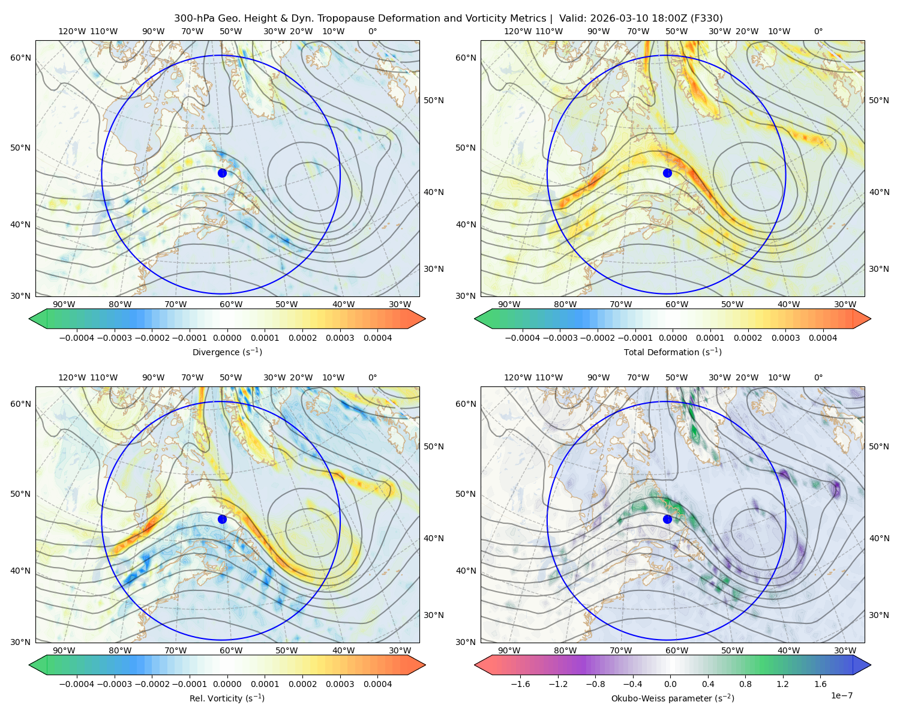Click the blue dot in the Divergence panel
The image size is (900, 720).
(x=222, y=173)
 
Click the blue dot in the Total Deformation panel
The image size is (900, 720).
(x=667, y=173)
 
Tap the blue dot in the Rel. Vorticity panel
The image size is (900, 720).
(x=222, y=519)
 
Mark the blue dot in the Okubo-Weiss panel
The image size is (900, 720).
(x=667, y=519)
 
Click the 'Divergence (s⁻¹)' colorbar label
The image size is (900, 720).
(x=227, y=352)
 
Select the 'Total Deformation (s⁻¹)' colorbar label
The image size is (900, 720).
(x=673, y=352)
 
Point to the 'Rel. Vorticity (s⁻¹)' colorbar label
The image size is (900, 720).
(x=227, y=698)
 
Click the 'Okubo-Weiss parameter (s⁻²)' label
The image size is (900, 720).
(x=673, y=698)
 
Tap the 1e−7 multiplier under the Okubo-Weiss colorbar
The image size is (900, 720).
(x=841, y=695)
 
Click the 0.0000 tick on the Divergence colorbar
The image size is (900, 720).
(x=227, y=338)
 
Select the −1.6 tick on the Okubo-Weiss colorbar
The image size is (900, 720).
(x=520, y=684)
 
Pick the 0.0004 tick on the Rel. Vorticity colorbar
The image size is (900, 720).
(x=377, y=684)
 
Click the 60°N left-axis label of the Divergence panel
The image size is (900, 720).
(x=20, y=58)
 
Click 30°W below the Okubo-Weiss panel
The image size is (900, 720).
(x=845, y=650)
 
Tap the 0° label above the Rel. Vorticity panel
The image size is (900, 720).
(x=373, y=377)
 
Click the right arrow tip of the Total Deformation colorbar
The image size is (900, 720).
(x=871, y=319)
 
